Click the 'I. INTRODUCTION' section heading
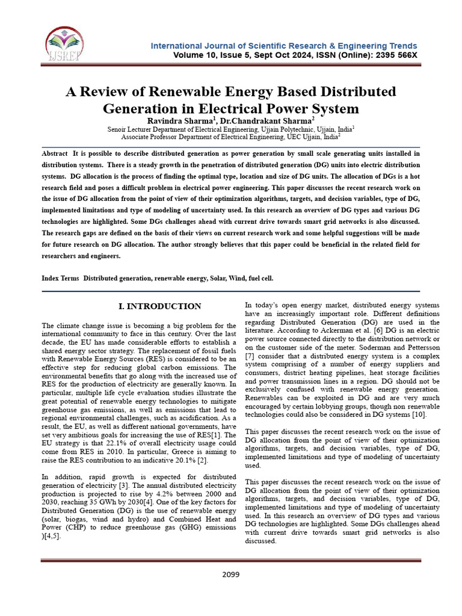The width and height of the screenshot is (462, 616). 160,307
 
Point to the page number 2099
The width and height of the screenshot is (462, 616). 230,574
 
